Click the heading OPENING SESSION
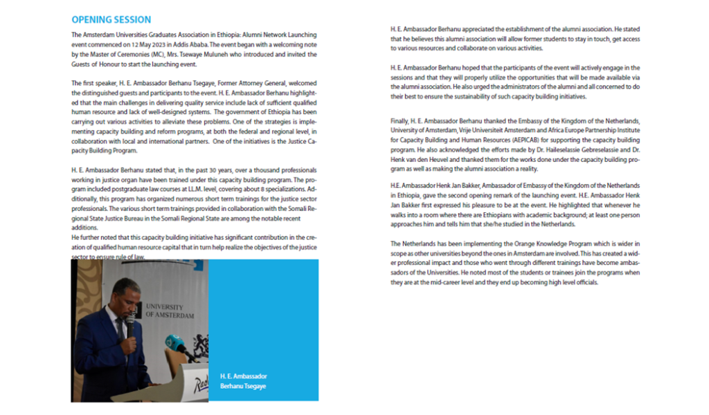pyautogui.click(x=111, y=19)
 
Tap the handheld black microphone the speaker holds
pyautogui.click(x=129, y=324)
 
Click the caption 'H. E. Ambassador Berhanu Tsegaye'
pyautogui.click(x=243, y=380)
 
